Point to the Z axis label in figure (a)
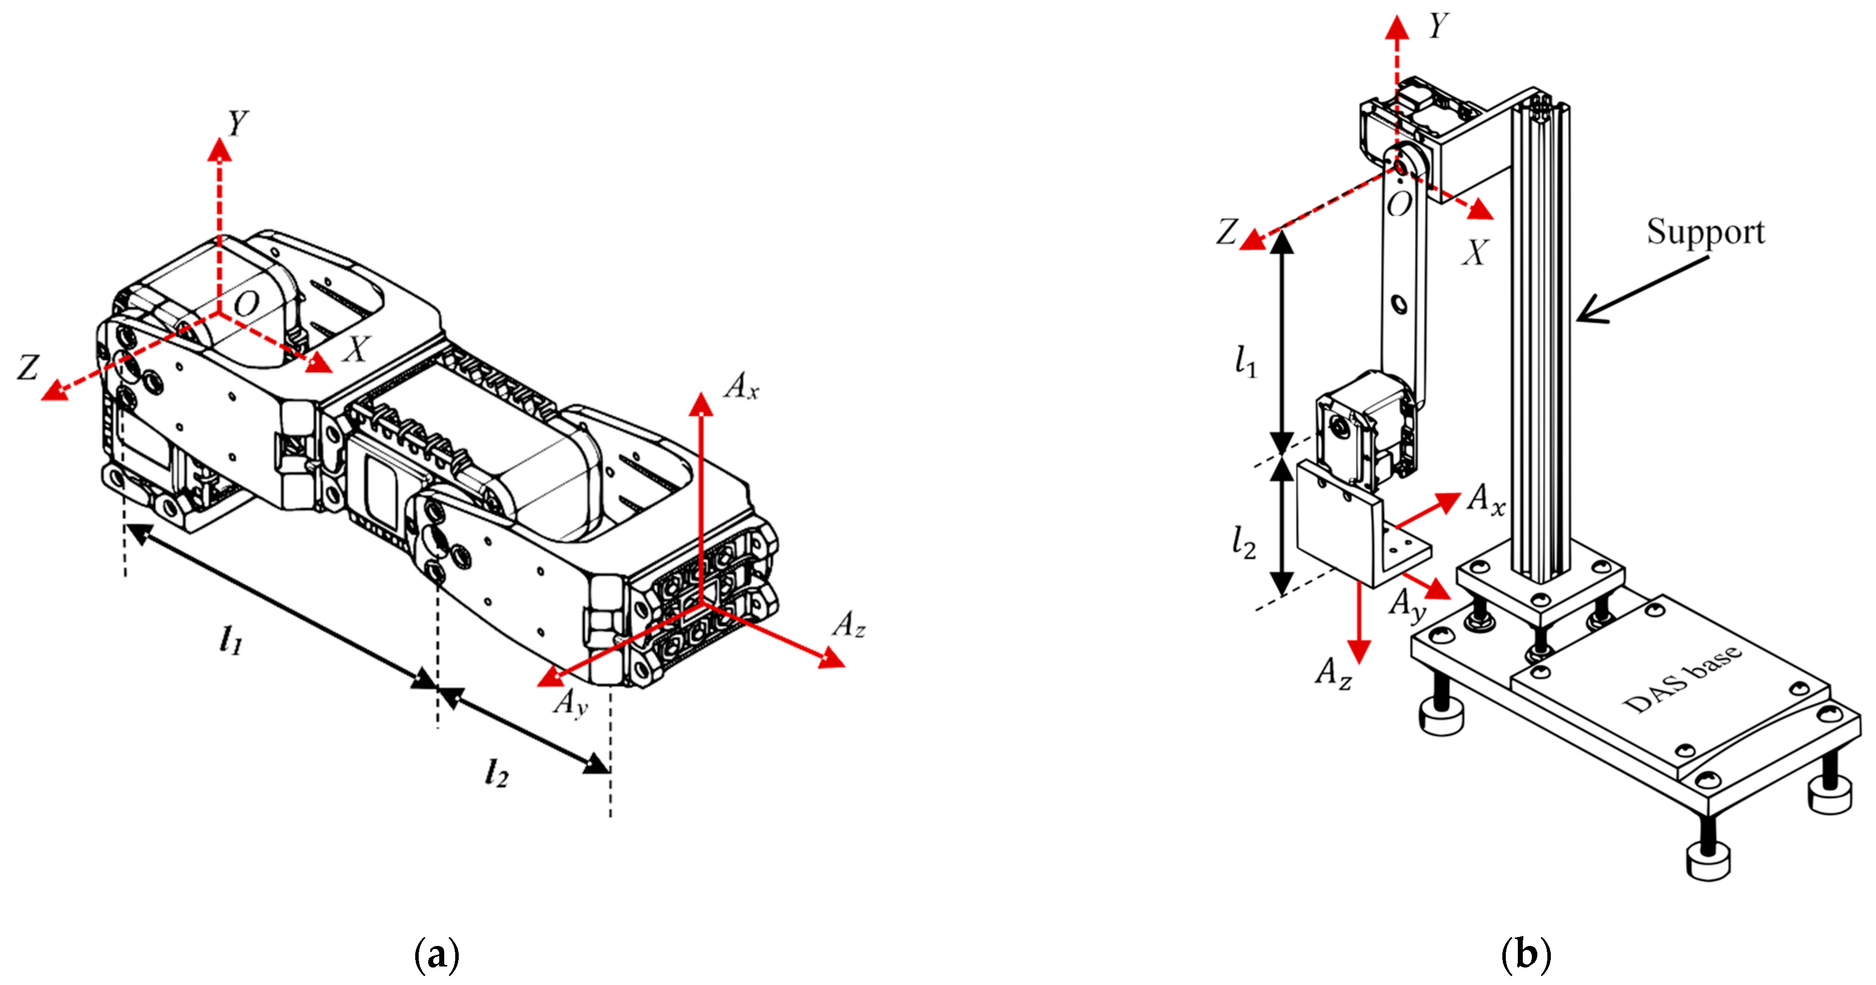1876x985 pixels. [28, 367]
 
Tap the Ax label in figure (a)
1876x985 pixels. [740, 386]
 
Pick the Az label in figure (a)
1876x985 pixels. [848, 624]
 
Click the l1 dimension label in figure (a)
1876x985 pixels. [230, 640]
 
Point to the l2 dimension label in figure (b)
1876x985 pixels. [1244, 542]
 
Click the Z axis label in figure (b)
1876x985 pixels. [1227, 232]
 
